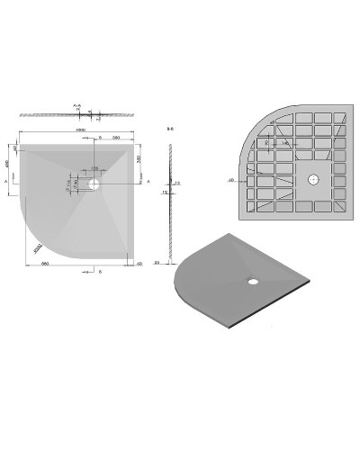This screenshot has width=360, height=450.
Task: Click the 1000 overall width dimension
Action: [x=80, y=129]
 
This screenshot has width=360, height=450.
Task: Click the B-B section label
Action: [x=170, y=129]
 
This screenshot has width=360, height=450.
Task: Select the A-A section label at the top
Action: [x=77, y=105]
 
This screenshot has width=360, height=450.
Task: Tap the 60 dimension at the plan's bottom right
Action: [x=142, y=262]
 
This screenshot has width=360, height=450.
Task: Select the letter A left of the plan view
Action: [x=7, y=180]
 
